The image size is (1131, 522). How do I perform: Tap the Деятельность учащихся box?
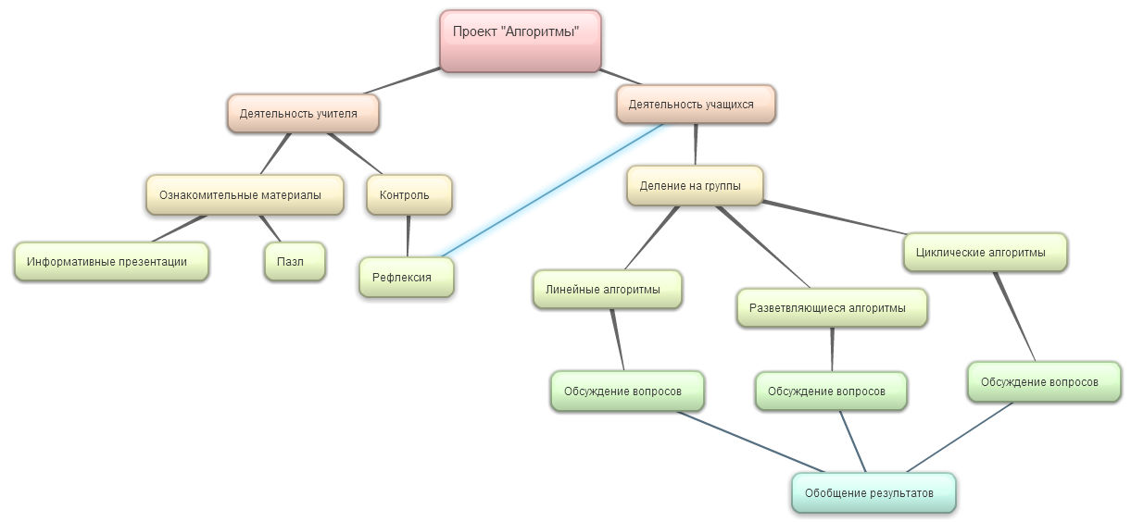pos(695,105)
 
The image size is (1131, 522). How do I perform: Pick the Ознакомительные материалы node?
pos(245,195)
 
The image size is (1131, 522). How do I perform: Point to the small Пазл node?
pos(295,261)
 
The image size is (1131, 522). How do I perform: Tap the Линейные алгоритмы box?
pos(607,289)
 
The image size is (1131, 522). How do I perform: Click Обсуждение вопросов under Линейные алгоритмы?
pos(626,391)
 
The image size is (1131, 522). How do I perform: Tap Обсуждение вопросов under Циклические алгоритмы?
pos(1043,381)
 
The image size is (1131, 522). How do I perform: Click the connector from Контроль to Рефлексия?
pos(408,236)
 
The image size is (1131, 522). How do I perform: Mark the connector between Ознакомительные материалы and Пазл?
pos(269,229)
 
